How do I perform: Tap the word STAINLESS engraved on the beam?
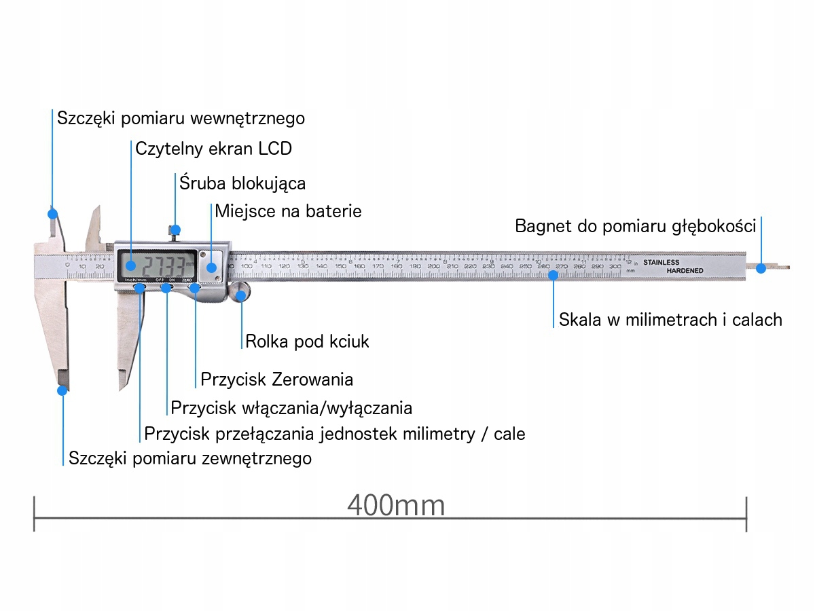coord(661,263)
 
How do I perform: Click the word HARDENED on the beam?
coord(684,271)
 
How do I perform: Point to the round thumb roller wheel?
coord(240,293)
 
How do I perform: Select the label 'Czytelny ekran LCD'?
coord(213,149)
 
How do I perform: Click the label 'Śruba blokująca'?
coord(242,183)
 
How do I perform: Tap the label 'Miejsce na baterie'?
coord(288,210)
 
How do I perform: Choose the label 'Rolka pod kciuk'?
coord(307,341)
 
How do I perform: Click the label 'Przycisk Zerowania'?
coord(276,378)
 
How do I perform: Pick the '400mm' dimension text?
coord(396,506)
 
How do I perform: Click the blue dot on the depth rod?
coord(761,268)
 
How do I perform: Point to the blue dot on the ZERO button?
coord(195,288)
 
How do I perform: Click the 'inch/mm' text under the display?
coord(136,279)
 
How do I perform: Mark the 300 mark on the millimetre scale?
coord(615,267)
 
